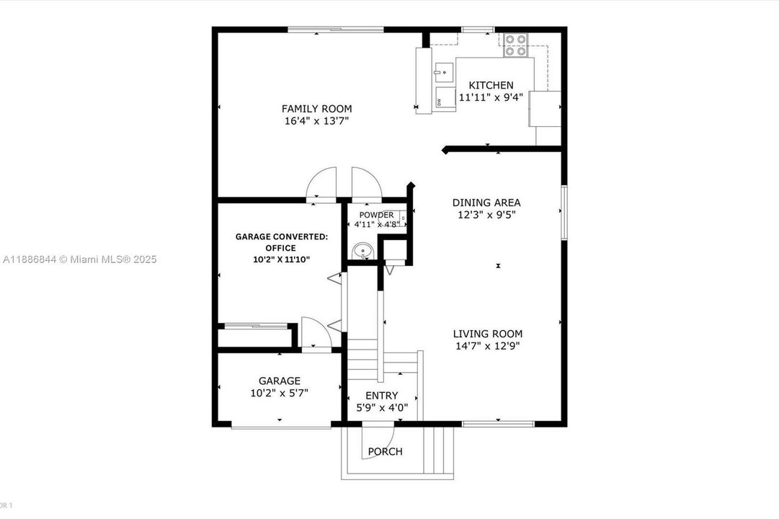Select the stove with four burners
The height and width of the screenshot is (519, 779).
[515, 45]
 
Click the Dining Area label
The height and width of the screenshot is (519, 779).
[486, 203]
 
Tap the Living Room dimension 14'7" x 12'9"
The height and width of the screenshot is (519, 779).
[487, 346]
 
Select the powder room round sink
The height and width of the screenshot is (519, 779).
[362, 251]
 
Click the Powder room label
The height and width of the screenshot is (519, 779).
[376, 215]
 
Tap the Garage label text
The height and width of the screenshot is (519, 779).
[280, 381]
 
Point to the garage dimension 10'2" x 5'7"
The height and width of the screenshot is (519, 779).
[280, 394]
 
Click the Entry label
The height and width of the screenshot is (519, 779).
[381, 395]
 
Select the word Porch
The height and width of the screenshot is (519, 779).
[385, 452]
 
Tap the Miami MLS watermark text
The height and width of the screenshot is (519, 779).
[79, 259]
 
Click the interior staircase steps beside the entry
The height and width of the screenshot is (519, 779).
[363, 364]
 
